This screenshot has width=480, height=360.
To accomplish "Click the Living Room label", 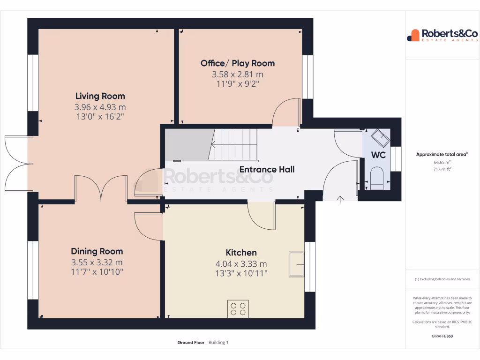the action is coord(100,96).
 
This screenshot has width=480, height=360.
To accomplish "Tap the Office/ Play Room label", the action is coord(238,63).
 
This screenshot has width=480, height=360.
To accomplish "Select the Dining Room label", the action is coord(97,251).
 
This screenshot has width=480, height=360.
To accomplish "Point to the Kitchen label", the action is coord(241,253).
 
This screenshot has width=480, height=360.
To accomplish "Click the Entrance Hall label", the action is coord(267,169).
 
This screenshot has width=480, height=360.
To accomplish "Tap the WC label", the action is coord(378,155).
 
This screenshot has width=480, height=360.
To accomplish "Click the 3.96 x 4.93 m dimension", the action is coord(100,107).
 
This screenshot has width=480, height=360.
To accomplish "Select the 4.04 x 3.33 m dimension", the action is coord(241,264).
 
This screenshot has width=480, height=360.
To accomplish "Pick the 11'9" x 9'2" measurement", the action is coord(238,84).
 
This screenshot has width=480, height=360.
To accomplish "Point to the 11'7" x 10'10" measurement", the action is coord(97,272).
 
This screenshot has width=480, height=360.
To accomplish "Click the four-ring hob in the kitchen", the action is coord(238,308).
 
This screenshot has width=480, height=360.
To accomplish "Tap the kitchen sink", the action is coord(296,264).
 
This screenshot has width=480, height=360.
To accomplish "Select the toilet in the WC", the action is coord(377,178).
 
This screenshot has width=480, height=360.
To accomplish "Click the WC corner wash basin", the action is coord(380,138).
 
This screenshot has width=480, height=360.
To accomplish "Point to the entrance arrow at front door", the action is coord(340,199).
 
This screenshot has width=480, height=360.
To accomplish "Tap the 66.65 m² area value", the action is coord(442,162).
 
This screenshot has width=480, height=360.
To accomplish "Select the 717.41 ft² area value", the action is coord(442,169).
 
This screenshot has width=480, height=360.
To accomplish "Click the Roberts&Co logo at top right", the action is coord(442,35).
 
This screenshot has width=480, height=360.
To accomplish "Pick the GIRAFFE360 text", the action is coord(442,336).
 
